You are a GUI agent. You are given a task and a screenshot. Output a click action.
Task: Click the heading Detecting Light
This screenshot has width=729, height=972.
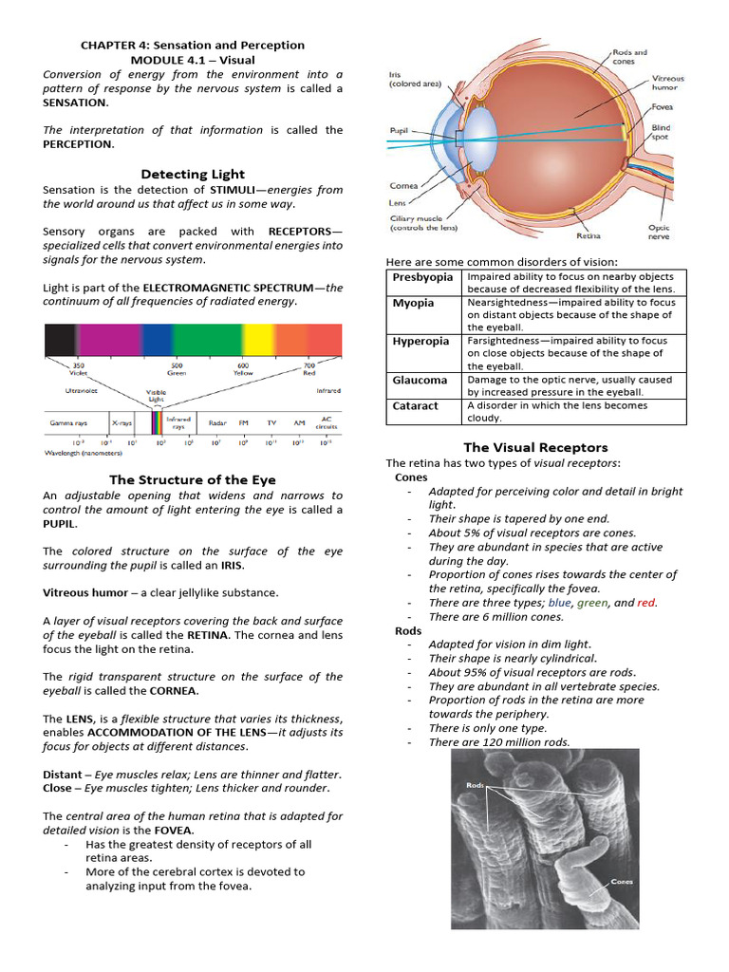click(193, 174)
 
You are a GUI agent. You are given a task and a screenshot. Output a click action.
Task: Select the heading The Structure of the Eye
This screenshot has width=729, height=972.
click(193, 479)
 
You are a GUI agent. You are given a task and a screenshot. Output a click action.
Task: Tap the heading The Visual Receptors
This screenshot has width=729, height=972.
click(535, 447)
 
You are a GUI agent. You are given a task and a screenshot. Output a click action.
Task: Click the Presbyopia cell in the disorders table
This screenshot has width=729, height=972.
click(423, 277)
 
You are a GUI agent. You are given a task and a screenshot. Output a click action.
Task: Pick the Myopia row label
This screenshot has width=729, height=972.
click(414, 303)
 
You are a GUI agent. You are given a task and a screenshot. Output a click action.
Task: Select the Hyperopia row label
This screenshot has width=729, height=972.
click(424, 341)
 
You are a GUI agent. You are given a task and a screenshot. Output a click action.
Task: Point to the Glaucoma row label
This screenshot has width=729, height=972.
click(420, 380)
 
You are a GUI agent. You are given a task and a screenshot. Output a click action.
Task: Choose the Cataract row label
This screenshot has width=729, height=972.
click(415, 405)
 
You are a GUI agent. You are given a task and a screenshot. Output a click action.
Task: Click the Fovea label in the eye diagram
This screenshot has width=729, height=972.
click(664, 107)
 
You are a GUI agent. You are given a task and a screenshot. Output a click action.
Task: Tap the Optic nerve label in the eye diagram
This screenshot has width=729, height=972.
click(659, 233)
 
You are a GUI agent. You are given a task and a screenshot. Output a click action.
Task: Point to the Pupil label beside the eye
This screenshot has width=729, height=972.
click(399, 131)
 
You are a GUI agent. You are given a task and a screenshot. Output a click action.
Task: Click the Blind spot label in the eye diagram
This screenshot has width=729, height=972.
click(662, 132)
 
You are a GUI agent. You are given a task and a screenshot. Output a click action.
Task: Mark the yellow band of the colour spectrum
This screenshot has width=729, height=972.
click(258, 339)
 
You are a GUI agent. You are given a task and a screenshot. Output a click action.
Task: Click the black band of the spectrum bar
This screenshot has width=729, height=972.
click(60, 339)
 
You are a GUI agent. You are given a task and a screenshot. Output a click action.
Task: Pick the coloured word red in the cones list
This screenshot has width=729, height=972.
click(646, 603)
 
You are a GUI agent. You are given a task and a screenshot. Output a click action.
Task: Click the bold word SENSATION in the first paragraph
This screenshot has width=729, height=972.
click(74, 103)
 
